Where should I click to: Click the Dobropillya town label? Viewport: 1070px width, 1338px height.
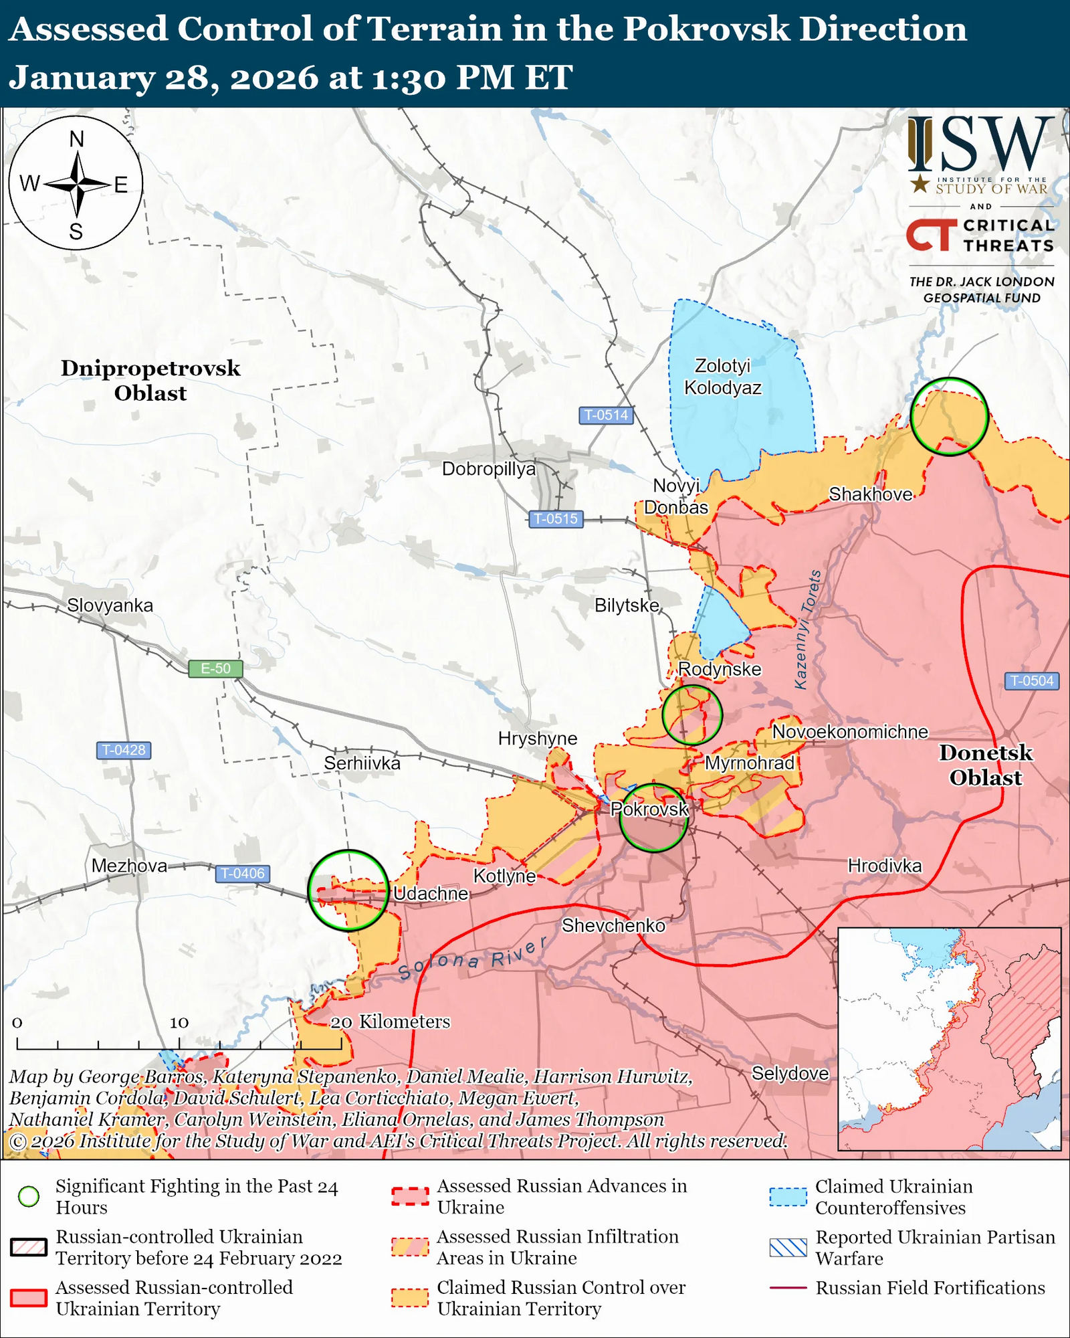point(489,469)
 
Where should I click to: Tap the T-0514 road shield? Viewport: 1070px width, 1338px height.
point(606,415)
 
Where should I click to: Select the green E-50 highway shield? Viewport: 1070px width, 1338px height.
point(215,668)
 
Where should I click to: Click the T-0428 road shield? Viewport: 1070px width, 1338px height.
point(124,750)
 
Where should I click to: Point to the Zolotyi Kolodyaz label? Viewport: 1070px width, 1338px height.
point(722,377)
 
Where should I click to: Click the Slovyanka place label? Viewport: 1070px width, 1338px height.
point(110,605)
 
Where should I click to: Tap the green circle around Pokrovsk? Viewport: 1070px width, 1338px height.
point(653,818)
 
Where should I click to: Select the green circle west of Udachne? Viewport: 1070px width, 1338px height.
point(348,890)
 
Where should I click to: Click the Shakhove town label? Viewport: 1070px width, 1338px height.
point(871,494)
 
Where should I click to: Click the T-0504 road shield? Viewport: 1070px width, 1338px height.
point(1031,681)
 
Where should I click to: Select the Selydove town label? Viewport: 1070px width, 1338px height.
point(790,1074)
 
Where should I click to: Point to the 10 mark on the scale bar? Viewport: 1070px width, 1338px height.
point(179,1023)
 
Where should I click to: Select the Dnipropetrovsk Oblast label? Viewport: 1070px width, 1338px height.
point(150,380)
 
